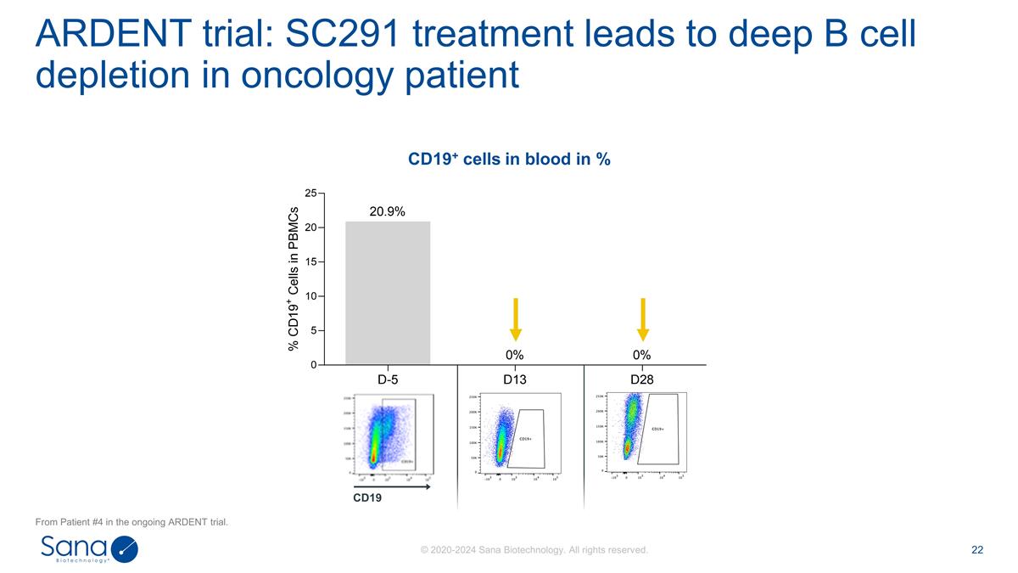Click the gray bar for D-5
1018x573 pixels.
[x=388, y=293]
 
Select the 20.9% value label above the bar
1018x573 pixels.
[x=388, y=211]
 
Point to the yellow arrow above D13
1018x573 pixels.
[x=515, y=319]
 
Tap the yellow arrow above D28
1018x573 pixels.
[x=642, y=319]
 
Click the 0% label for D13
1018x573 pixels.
[x=515, y=354]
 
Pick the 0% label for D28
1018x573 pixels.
[x=642, y=354]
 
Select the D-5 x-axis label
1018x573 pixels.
[x=388, y=379]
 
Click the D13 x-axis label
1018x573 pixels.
[x=515, y=379]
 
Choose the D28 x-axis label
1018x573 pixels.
[x=642, y=379]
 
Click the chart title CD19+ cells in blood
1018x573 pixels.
[x=509, y=159]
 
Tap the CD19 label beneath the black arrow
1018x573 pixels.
[x=367, y=497]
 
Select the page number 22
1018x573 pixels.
[x=976, y=550]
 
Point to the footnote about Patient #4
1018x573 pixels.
[x=131, y=521]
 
